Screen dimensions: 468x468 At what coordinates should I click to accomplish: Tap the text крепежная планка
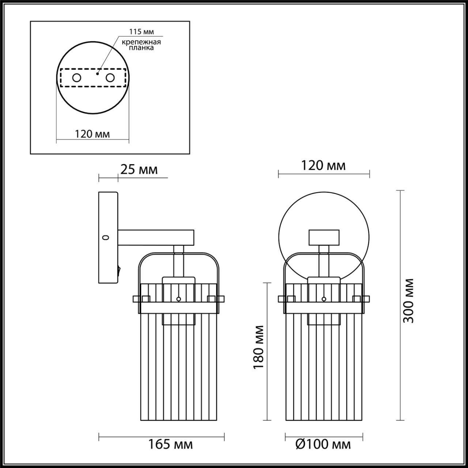[x=141, y=45]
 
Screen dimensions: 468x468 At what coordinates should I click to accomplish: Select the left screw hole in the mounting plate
[x=77, y=78]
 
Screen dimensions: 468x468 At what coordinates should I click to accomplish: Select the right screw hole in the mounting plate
[x=110, y=78]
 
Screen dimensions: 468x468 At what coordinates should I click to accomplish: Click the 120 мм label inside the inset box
[x=93, y=134]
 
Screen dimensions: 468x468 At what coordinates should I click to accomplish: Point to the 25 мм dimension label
[x=139, y=170]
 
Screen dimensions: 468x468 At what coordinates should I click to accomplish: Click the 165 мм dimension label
[x=170, y=445]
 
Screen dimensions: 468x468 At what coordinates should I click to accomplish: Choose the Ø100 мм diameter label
[x=323, y=445]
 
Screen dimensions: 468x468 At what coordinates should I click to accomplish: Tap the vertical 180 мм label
[x=259, y=347]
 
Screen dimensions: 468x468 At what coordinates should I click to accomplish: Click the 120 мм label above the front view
[x=323, y=166]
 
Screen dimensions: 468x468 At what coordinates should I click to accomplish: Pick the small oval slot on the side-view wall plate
[x=106, y=238]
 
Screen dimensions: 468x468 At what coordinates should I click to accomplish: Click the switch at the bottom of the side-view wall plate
[x=118, y=271]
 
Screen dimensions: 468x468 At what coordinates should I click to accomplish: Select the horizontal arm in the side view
[x=155, y=237]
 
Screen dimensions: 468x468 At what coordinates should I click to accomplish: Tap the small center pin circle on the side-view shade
[x=179, y=299]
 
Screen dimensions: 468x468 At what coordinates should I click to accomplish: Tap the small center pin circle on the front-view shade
[x=324, y=299]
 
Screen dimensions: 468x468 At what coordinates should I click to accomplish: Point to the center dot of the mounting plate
[x=97, y=73]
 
